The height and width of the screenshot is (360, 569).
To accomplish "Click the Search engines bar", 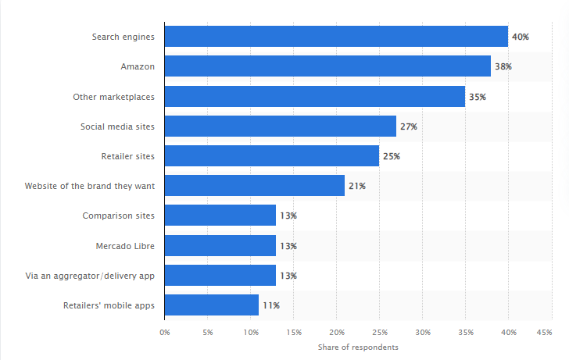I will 336,37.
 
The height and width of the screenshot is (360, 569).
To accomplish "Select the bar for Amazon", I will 327,66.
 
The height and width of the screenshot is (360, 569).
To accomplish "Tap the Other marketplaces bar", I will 315,97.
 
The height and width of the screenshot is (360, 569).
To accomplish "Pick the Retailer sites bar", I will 272,156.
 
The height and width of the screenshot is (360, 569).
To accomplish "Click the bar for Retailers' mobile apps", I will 212,305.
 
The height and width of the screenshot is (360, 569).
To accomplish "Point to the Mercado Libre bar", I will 220,246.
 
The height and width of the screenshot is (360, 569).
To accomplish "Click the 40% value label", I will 521,37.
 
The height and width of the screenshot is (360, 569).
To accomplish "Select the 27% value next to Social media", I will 409,127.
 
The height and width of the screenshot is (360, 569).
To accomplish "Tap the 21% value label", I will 357,186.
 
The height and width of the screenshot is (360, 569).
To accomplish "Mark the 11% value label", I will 271,305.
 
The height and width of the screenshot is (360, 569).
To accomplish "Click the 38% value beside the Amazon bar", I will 503,66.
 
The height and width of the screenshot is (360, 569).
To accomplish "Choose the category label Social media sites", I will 117,127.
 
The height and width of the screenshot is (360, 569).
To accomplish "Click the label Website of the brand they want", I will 90,186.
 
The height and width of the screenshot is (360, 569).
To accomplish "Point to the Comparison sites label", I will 118,216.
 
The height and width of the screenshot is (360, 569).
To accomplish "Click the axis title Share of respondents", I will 358,346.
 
